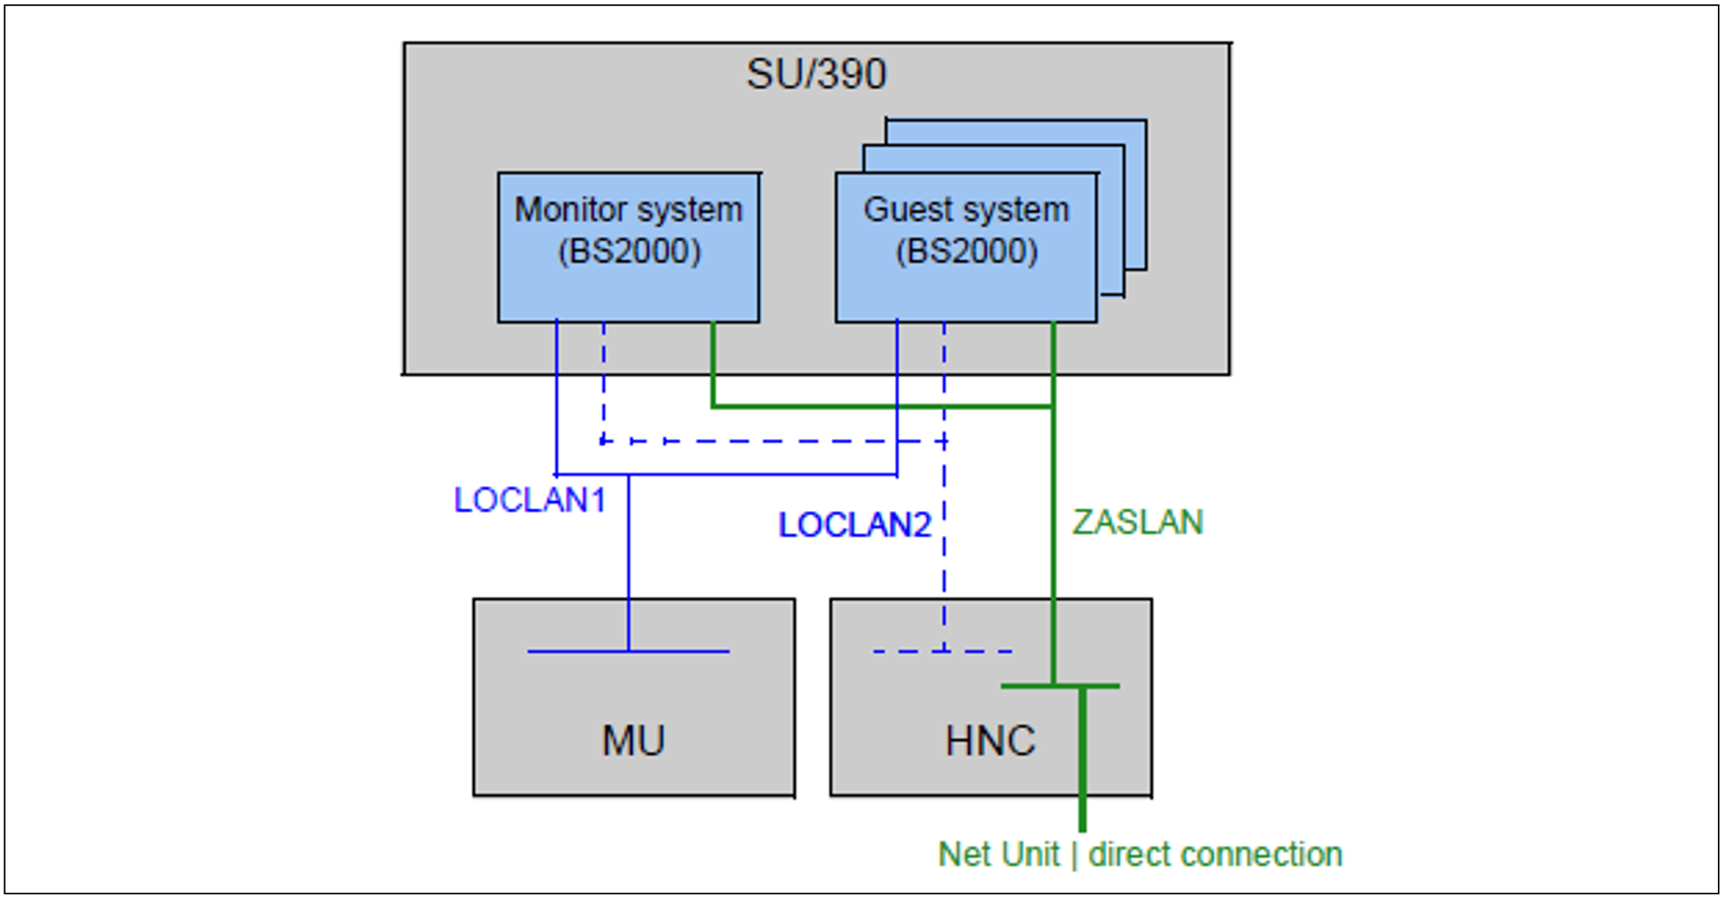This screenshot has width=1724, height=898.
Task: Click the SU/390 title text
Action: click(x=815, y=74)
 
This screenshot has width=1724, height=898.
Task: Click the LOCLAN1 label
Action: click(x=530, y=500)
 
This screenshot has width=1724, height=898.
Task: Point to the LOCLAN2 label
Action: click(x=854, y=525)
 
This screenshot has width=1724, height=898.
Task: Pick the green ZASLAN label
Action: click(x=1137, y=522)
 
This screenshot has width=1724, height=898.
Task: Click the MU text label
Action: click(x=633, y=741)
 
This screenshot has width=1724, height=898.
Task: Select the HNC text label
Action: click(x=989, y=741)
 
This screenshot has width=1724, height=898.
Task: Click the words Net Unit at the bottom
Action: click(x=998, y=855)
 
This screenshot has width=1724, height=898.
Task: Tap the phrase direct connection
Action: click(x=1215, y=855)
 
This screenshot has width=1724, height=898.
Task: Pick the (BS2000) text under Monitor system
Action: click(x=629, y=252)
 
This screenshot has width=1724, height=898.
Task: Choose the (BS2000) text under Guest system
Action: click(x=966, y=252)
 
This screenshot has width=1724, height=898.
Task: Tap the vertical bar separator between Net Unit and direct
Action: click(x=1074, y=855)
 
